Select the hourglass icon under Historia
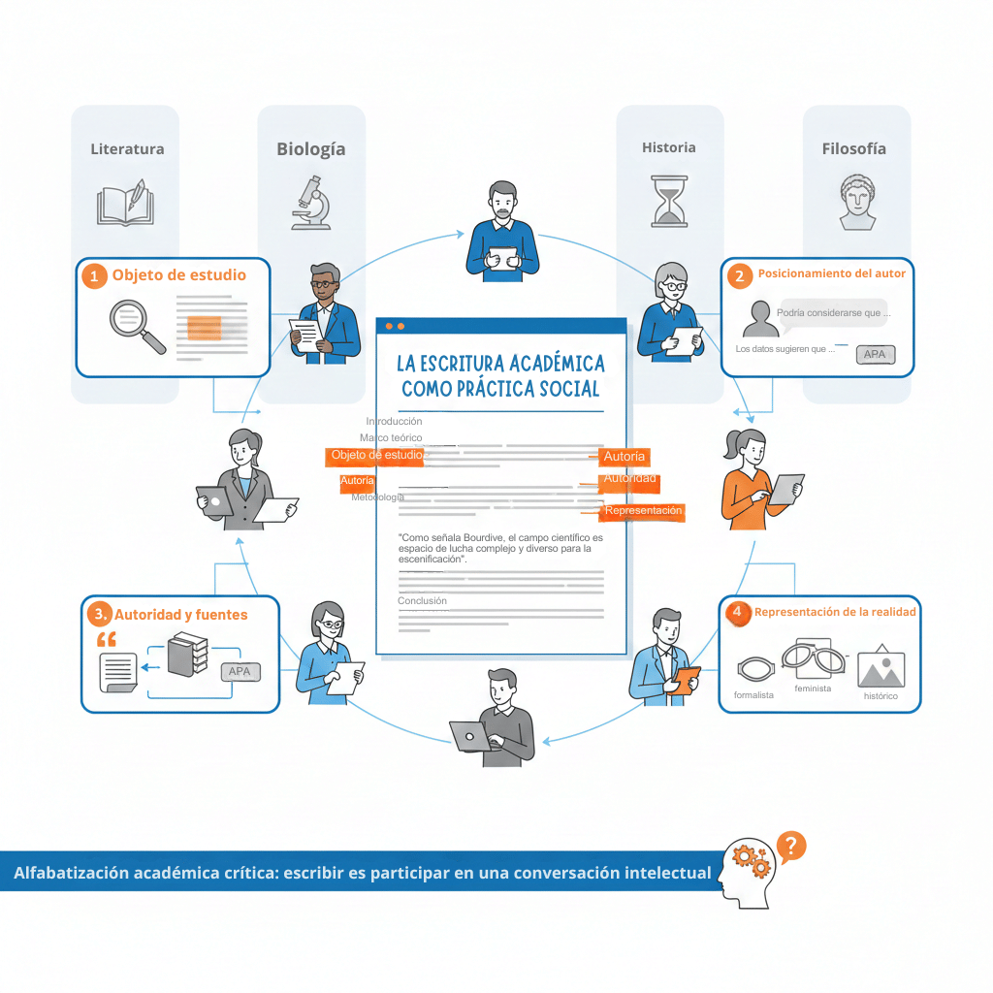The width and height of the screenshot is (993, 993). click(668, 201)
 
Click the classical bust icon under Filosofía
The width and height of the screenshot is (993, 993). click(857, 202)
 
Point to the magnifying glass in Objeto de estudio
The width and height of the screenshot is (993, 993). click(137, 324)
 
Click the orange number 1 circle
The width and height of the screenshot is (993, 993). click(94, 276)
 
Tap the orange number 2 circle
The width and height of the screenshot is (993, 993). click(739, 275)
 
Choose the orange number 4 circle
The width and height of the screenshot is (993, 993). click(738, 612)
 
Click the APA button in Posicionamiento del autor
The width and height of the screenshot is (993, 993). click(875, 355)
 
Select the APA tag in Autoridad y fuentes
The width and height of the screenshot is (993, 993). click(240, 671)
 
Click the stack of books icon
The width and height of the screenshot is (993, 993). click(186, 655)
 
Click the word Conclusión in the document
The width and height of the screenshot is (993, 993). click(422, 601)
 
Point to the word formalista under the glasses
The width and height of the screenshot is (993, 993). click(753, 695)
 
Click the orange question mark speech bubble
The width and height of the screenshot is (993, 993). click(791, 846)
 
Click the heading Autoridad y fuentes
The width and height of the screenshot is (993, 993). click(181, 615)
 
